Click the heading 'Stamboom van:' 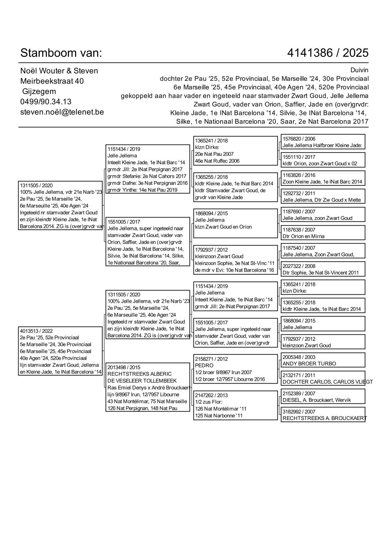[x=61, y=53]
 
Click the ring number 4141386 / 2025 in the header [x=328, y=53]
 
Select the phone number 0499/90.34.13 [x=46, y=102]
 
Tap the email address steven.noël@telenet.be [x=62, y=112]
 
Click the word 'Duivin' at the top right [x=359, y=70]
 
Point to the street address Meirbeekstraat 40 [x=52, y=81]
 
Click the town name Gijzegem [x=39, y=91]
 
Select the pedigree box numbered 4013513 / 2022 [x=60, y=351]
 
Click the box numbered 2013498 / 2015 [x=148, y=387]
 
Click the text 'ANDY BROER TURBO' [x=309, y=364]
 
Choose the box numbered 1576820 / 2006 [x=323, y=142]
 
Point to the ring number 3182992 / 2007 [x=299, y=412]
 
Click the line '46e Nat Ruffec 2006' [x=217, y=161]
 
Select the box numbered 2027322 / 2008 [x=323, y=269]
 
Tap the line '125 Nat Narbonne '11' [x=219, y=415]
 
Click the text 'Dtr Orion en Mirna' [x=303, y=236]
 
